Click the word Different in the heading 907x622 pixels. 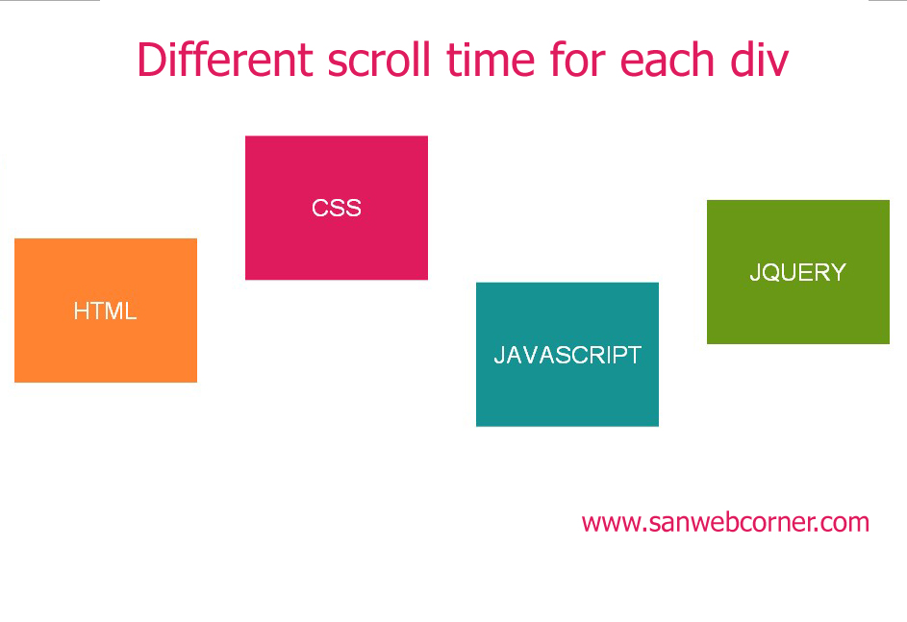point(225,60)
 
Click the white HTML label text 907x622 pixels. point(105,311)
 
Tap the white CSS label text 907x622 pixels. point(337,208)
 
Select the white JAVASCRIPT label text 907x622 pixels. point(567,355)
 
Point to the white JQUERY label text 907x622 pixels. point(797,272)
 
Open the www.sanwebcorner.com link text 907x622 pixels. point(725,523)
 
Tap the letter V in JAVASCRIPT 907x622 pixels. point(538,355)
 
